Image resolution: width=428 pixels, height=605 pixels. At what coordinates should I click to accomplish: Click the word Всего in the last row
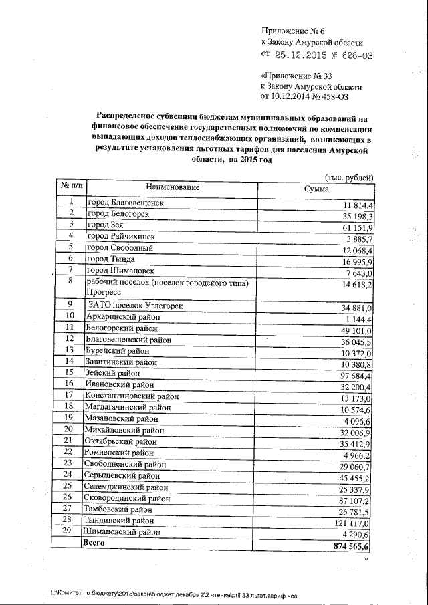[x=94, y=544]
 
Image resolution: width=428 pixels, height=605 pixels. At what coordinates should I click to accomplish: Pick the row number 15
[x=68, y=372]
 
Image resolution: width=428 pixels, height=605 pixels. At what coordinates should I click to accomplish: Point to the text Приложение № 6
[x=293, y=31]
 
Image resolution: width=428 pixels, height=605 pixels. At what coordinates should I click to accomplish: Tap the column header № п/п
[x=72, y=185]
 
